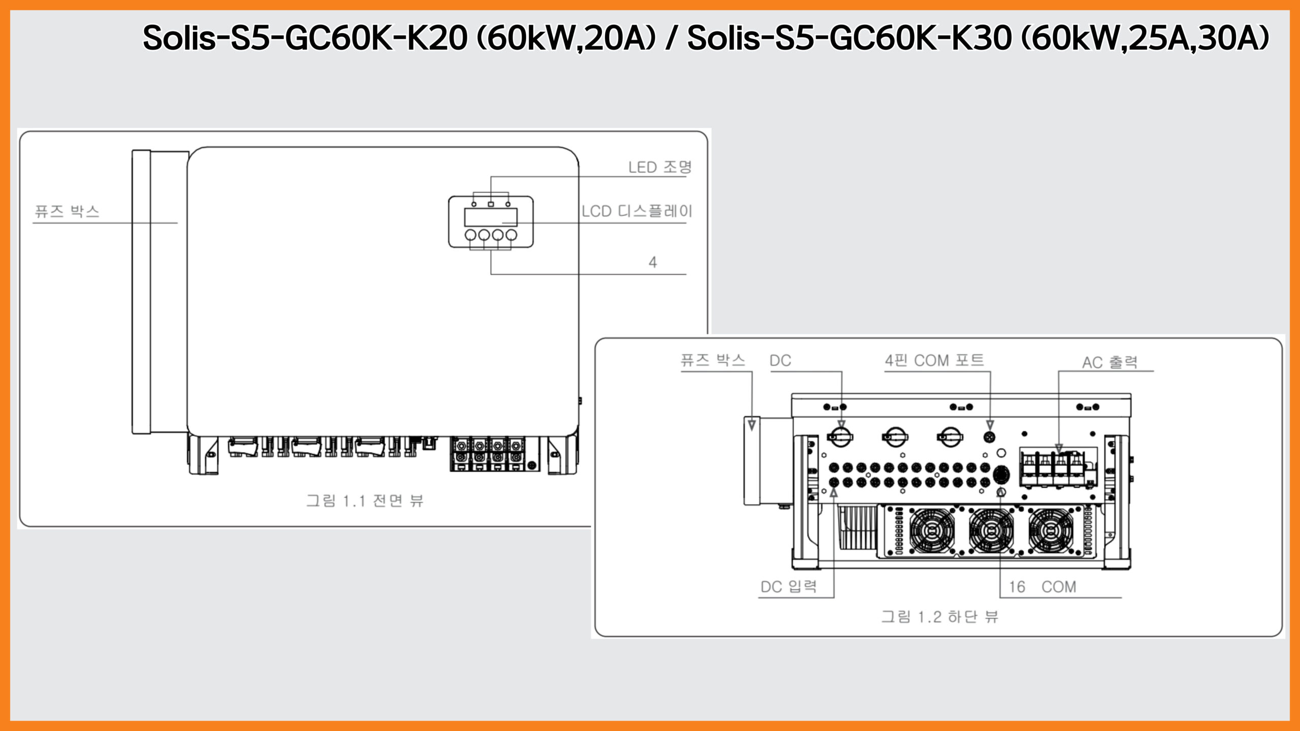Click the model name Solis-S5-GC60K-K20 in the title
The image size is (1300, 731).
pyautogui.click(x=305, y=38)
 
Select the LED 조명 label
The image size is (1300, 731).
pyautogui.click(x=660, y=167)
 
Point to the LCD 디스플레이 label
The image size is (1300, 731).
pyautogui.click(x=637, y=211)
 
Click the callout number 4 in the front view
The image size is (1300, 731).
pyautogui.click(x=653, y=262)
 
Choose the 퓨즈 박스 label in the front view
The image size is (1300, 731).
pyautogui.click(x=67, y=211)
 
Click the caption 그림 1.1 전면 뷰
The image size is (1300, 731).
pyautogui.click(x=365, y=501)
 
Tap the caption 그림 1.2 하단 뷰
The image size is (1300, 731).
pyautogui.click(x=939, y=617)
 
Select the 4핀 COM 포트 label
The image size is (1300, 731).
pyautogui.click(x=934, y=360)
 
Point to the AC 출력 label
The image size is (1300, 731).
pyautogui.click(x=1110, y=362)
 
